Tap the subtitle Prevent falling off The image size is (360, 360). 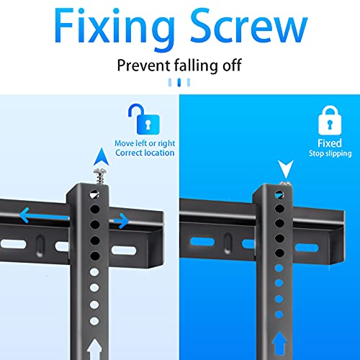(x=179, y=66)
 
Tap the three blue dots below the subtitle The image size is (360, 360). (x=180, y=83)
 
